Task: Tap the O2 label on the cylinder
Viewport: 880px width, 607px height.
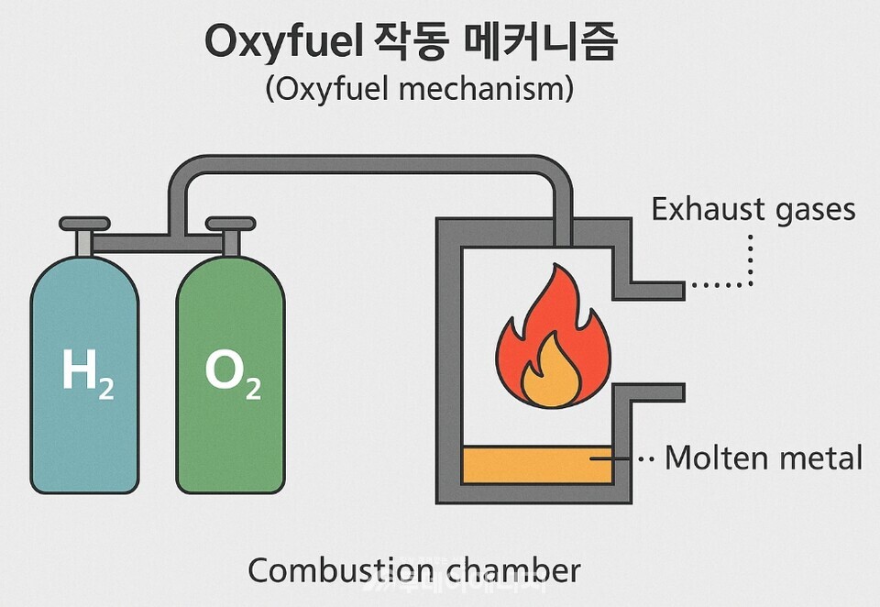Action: tap(232, 374)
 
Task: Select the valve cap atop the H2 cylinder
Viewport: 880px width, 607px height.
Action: tap(83, 224)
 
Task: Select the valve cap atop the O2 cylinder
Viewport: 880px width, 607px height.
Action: tap(230, 224)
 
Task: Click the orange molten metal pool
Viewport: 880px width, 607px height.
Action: tap(537, 465)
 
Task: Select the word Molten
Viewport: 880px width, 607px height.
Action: tap(711, 457)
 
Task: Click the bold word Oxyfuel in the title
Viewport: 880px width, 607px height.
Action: tap(282, 43)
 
